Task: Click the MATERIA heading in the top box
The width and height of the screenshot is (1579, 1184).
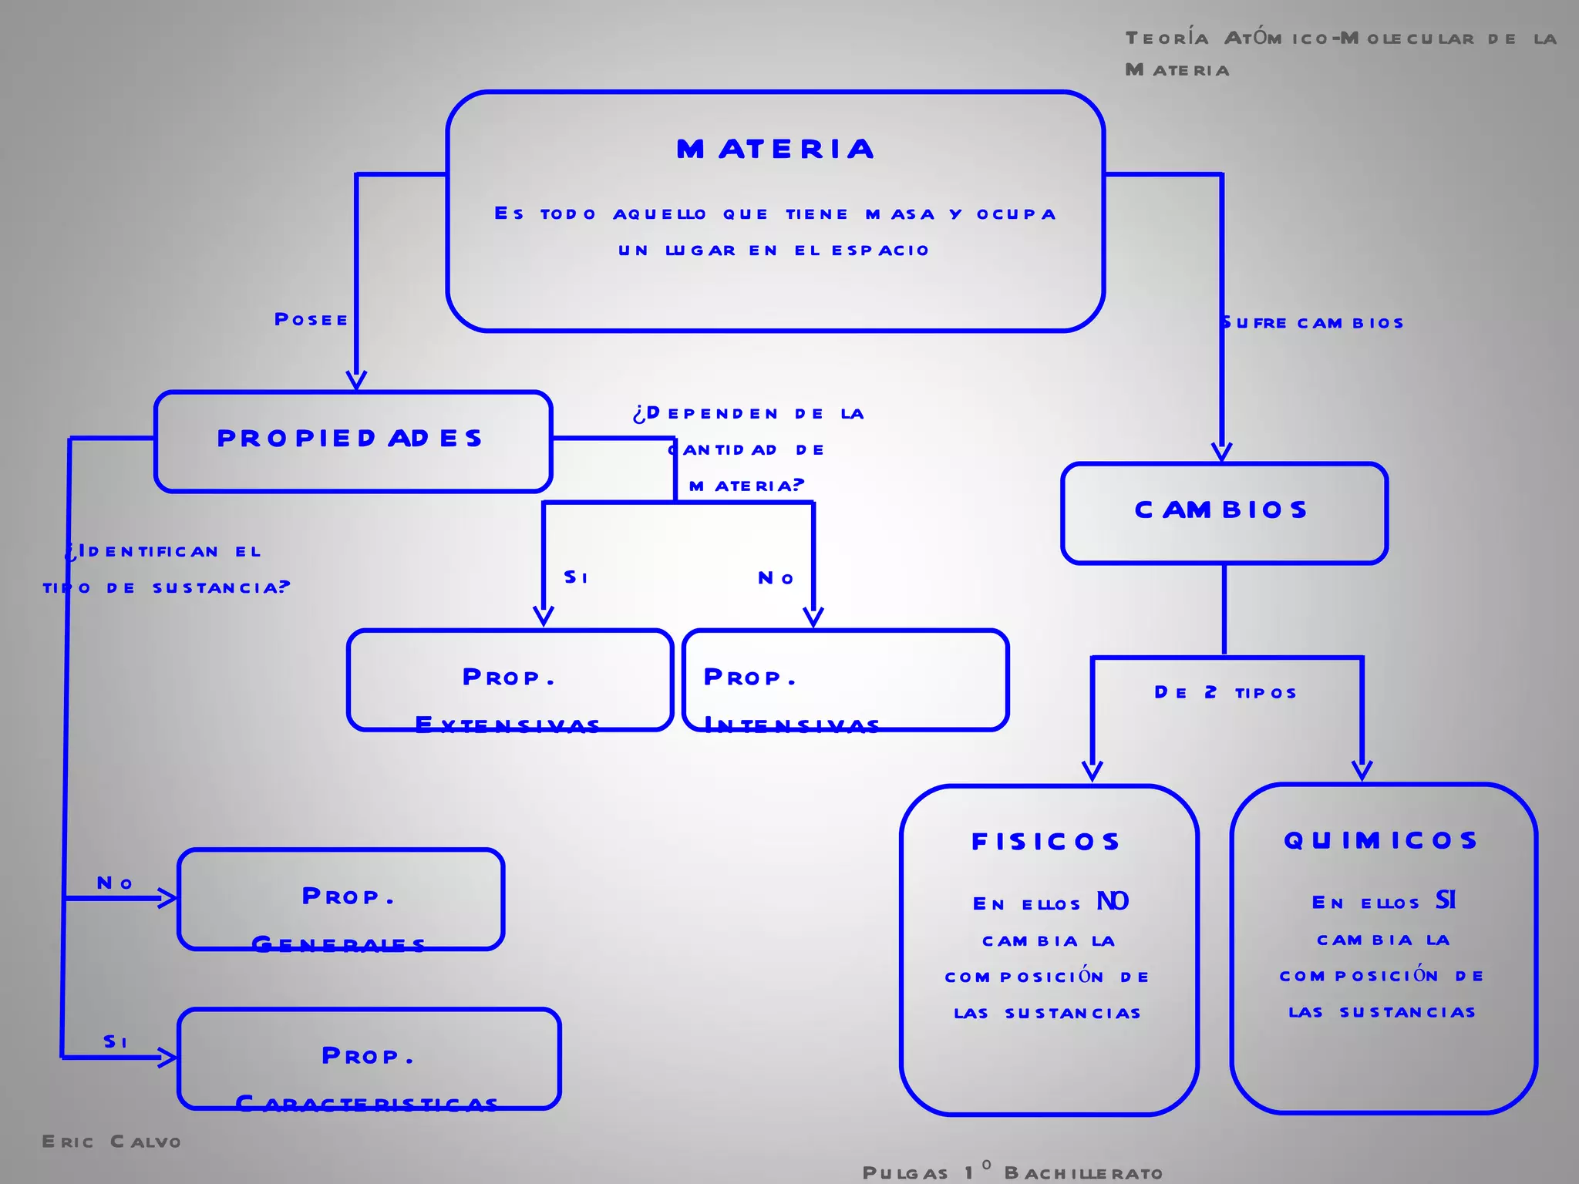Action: click(776, 149)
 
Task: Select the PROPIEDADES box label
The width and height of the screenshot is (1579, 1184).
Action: click(350, 438)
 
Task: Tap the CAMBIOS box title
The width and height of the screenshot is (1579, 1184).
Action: click(1222, 510)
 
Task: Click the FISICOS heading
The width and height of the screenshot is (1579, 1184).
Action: click(1046, 841)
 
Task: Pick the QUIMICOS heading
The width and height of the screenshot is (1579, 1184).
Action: click(1381, 839)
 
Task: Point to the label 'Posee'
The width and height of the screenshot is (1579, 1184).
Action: click(311, 319)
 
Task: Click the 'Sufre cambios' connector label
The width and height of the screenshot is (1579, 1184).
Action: click(1312, 323)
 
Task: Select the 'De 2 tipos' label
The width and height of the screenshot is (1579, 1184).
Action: click(1225, 692)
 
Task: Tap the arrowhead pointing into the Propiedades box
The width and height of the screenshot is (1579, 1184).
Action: click(356, 380)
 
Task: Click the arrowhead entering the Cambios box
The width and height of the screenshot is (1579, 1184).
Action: click(1221, 452)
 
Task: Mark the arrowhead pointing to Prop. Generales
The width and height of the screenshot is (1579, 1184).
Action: click(168, 898)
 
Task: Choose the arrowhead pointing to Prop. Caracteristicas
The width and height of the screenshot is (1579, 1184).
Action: click(168, 1057)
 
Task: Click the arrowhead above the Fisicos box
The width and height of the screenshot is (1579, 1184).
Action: click(1092, 771)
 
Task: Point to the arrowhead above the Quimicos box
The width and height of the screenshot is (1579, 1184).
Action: click(1362, 770)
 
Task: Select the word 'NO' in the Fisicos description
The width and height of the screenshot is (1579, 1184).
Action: click(1113, 901)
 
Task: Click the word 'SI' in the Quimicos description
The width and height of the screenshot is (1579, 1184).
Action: click(1446, 900)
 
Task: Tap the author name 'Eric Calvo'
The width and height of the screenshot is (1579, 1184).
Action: click(112, 1142)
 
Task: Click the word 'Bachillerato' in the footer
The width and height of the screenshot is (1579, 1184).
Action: click(1083, 1173)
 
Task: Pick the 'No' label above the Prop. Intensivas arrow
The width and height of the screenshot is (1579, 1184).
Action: click(776, 578)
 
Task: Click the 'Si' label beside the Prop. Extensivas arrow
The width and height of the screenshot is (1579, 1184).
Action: click(576, 577)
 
